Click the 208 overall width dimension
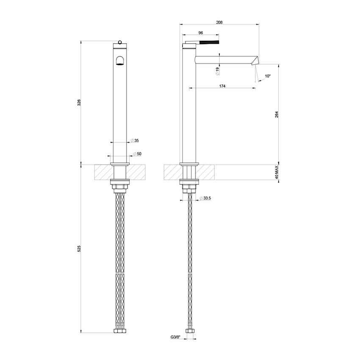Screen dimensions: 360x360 219,22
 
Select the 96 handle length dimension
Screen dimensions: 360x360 201,33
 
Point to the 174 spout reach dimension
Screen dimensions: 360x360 222,86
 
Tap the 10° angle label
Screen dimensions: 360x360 267,76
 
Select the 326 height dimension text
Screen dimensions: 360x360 79,102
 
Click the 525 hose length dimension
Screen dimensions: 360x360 79,249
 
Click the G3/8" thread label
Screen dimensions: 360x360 175,338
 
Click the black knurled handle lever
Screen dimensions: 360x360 210,42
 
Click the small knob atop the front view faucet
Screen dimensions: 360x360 120,42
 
